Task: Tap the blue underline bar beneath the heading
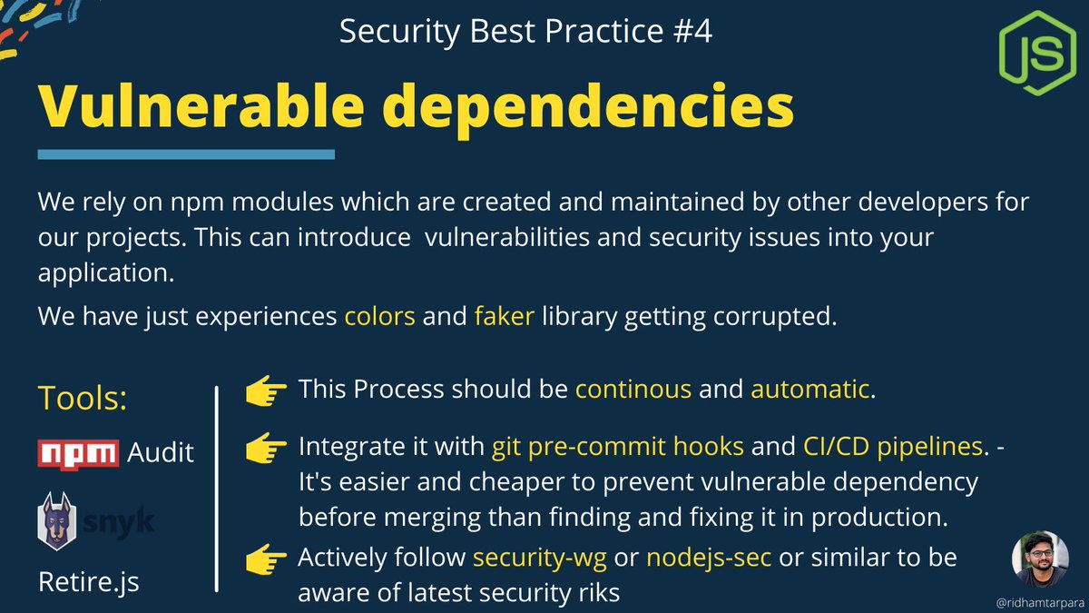tap(186, 155)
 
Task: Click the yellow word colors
tap(379, 317)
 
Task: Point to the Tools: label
tap(82, 397)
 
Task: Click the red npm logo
tap(78, 451)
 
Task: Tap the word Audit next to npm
tap(161, 451)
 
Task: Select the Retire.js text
tap(89, 581)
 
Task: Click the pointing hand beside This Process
tap(266, 391)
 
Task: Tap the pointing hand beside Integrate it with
tap(266, 447)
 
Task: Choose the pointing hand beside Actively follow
tap(266, 557)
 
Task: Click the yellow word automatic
tap(809, 390)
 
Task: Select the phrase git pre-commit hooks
tap(618, 447)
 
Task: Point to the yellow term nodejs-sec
tap(709, 556)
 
